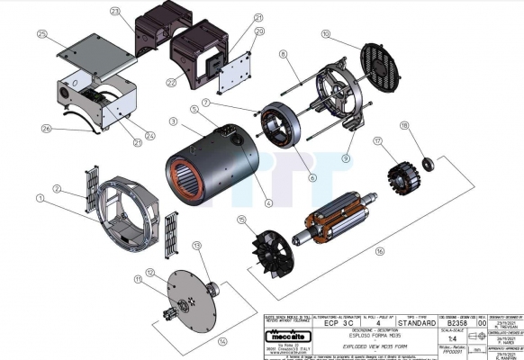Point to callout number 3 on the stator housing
[x=172, y=121]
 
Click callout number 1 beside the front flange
[x=40, y=197]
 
